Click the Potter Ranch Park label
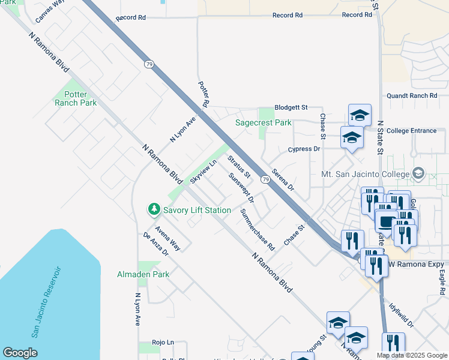pos(76,98)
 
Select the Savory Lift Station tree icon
pos(154,209)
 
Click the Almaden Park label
pos(143,274)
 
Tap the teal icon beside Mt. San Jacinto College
pos(417,174)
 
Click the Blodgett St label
pos(291,107)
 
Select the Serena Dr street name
pos(283,179)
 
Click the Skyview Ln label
pos(203,172)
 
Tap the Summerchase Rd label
pos(257,229)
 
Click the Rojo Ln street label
pos(163,342)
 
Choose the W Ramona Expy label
pos(417,265)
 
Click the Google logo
pos(20,353)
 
